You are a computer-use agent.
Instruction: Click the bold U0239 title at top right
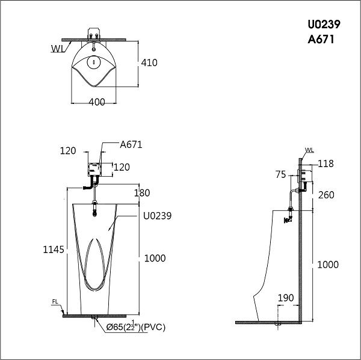coord(324,25)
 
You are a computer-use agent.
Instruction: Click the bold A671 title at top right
coord(321,40)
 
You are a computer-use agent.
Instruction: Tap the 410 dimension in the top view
coord(149,63)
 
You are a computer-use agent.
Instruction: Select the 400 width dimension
coord(97,102)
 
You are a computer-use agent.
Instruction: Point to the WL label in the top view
coord(58,49)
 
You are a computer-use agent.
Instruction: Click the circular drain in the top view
coord(93,62)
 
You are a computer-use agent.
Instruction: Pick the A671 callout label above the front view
coord(131,145)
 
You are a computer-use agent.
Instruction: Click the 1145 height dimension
coord(54,249)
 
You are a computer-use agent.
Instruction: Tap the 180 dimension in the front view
coord(142,193)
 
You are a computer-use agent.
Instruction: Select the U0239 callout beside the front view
coord(157,216)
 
